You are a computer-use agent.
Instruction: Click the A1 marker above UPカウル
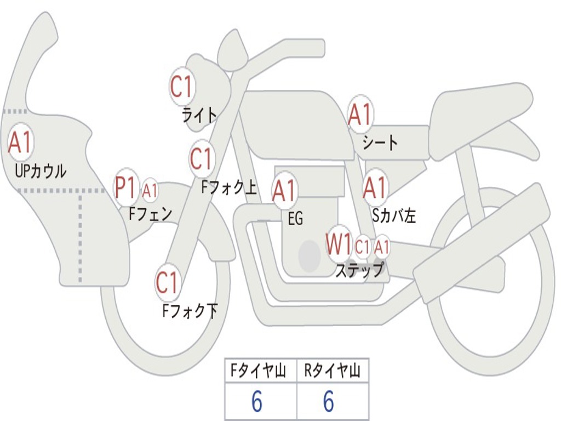click(20, 143)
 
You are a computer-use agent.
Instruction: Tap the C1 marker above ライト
click(182, 87)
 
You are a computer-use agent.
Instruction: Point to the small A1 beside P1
click(150, 191)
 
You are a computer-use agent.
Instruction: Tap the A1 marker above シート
click(360, 115)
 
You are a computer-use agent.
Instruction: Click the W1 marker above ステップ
click(339, 244)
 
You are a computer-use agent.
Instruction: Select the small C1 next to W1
click(362, 247)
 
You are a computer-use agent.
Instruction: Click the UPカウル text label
click(41, 172)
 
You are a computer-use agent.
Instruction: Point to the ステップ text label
click(359, 270)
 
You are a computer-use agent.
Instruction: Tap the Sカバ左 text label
click(394, 216)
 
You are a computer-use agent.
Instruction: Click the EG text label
click(295, 219)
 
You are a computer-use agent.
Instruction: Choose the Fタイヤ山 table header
click(260, 372)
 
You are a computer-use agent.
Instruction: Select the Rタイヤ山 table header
click(333, 372)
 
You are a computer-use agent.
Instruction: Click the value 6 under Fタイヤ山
click(257, 402)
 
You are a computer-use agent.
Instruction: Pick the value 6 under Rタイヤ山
click(329, 402)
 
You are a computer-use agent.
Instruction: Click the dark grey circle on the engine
click(309, 255)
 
